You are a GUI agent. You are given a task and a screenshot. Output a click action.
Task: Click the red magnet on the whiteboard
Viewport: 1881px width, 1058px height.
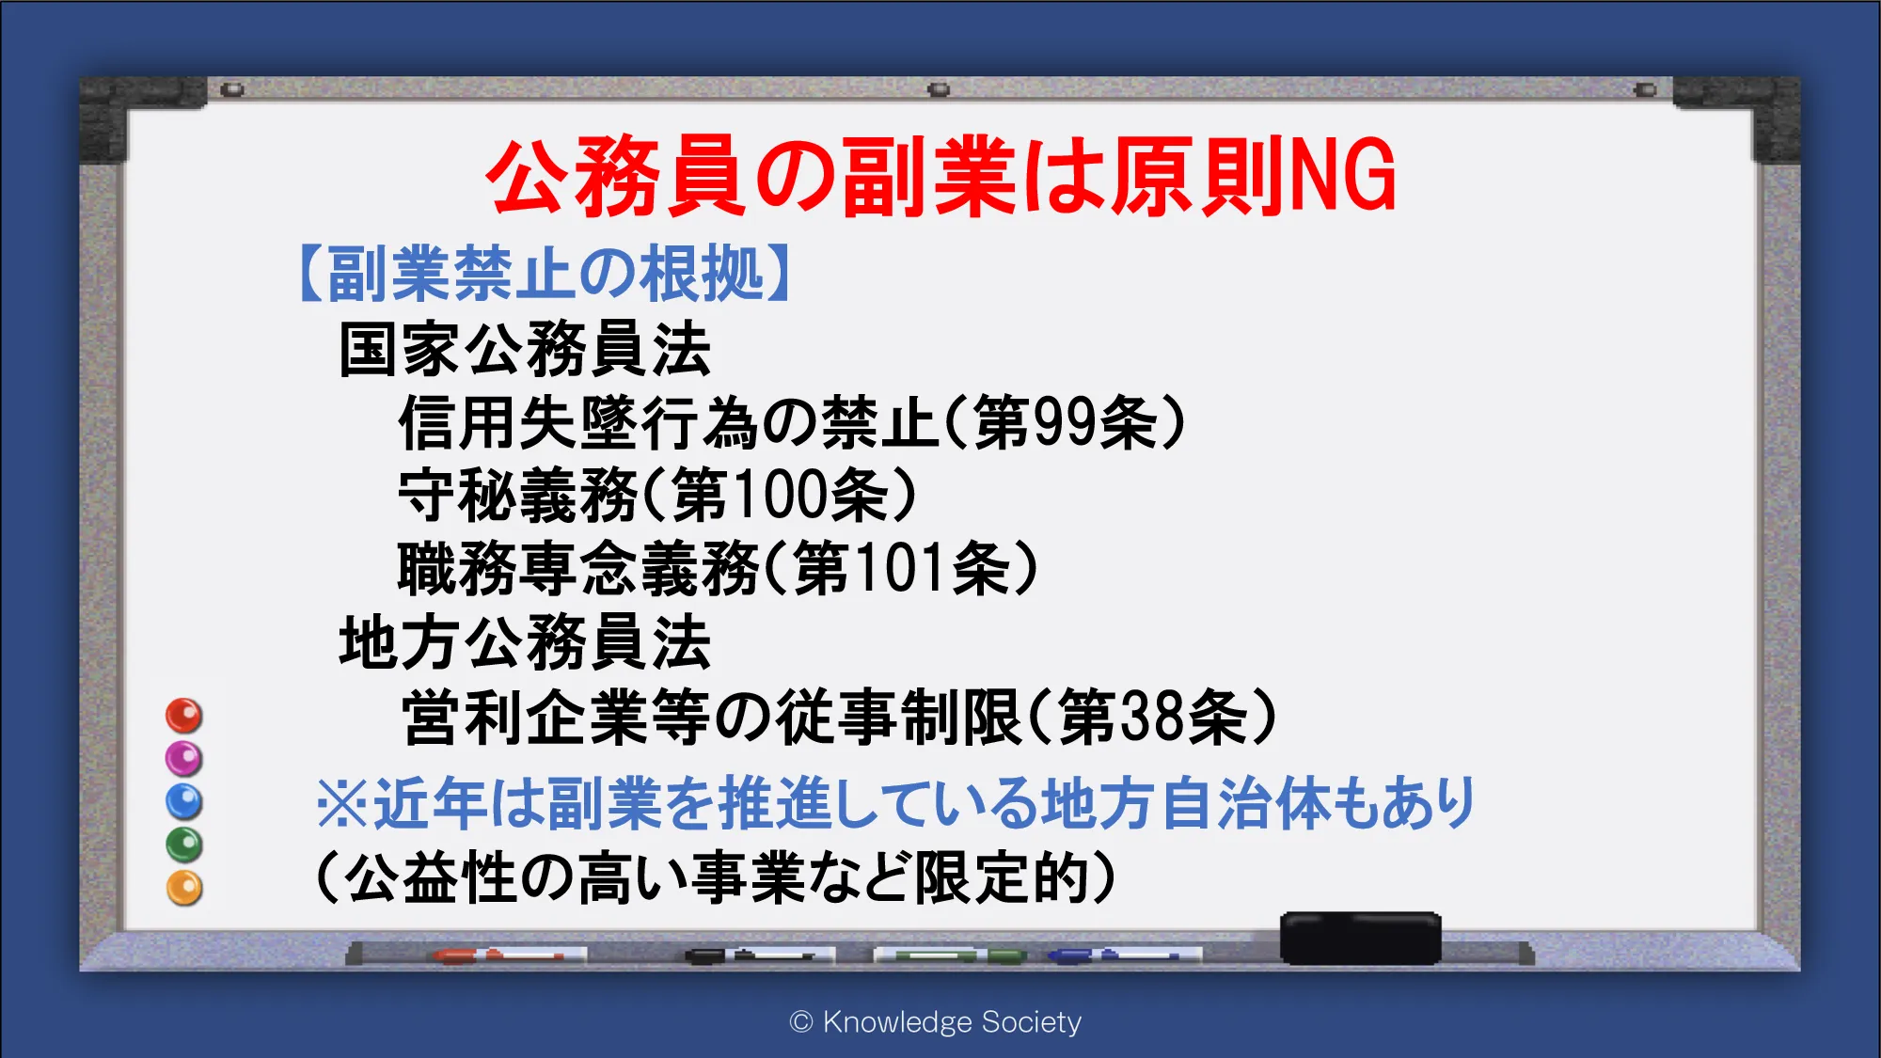pyautogui.click(x=184, y=716)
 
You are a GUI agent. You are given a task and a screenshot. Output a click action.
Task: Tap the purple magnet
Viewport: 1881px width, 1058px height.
pyautogui.click(x=184, y=759)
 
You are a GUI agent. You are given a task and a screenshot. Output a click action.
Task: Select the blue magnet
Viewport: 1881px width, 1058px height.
pyautogui.click(x=184, y=802)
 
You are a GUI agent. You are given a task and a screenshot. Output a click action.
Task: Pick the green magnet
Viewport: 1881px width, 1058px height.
pyautogui.click(x=184, y=845)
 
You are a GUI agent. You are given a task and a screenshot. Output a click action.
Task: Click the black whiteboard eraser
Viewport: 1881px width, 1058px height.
pyautogui.click(x=1360, y=938)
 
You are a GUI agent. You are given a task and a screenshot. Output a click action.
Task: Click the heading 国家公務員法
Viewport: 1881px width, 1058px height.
pyautogui.click(x=525, y=349)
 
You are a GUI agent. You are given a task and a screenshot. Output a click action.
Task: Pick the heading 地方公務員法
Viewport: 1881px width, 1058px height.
pyautogui.click(x=525, y=643)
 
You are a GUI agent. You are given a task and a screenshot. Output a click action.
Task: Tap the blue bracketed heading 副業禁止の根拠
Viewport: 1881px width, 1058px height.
pyautogui.click(x=545, y=274)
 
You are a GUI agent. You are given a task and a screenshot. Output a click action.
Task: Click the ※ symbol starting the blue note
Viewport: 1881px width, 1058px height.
pyautogui.click(x=342, y=804)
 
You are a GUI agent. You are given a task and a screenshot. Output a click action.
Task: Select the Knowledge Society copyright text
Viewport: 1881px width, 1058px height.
pyautogui.click(x=936, y=1022)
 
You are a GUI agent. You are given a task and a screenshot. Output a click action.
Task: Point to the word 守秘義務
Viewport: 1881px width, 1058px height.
pyautogui.click(x=518, y=496)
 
